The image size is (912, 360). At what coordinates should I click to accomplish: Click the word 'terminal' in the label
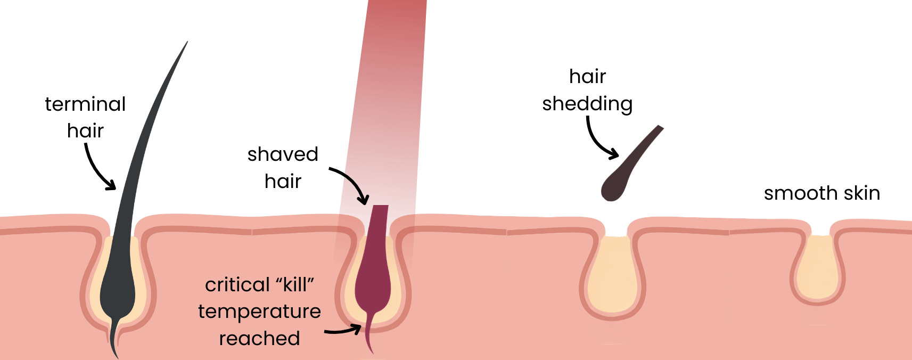pyautogui.click(x=85, y=104)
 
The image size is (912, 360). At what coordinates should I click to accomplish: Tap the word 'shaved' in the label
pyautogui.click(x=283, y=154)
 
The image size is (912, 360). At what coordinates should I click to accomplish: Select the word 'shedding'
pyautogui.click(x=587, y=104)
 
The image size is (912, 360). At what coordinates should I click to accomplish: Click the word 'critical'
pyautogui.click(x=237, y=285)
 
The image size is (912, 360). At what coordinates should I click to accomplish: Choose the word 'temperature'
pyautogui.click(x=259, y=312)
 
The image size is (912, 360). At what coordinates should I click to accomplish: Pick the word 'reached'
pyautogui.click(x=259, y=339)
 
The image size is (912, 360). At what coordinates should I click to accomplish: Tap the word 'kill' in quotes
pyautogui.click(x=295, y=285)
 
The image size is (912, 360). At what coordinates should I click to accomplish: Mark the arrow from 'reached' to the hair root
pyautogui.click(x=343, y=331)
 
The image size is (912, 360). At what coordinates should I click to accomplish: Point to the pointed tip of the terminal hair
pyautogui.click(x=186, y=44)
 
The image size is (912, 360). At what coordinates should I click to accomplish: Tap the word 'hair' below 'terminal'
pyautogui.click(x=85, y=131)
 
